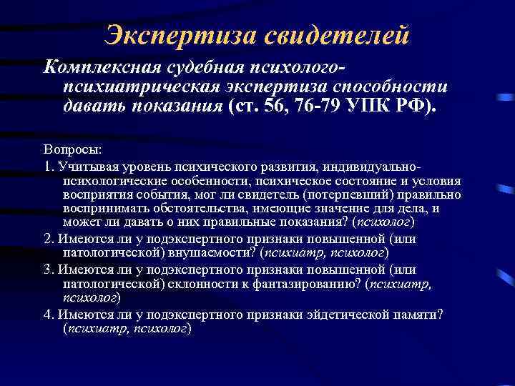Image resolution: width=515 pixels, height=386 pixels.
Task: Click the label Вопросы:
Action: [x=72, y=152]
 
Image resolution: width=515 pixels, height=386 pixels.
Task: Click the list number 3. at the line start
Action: [x=49, y=270]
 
